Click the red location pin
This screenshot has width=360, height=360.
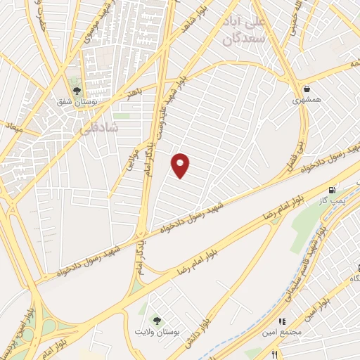(181, 165)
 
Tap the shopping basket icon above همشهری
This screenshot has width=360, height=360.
(307, 89)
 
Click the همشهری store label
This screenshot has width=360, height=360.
(307, 101)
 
